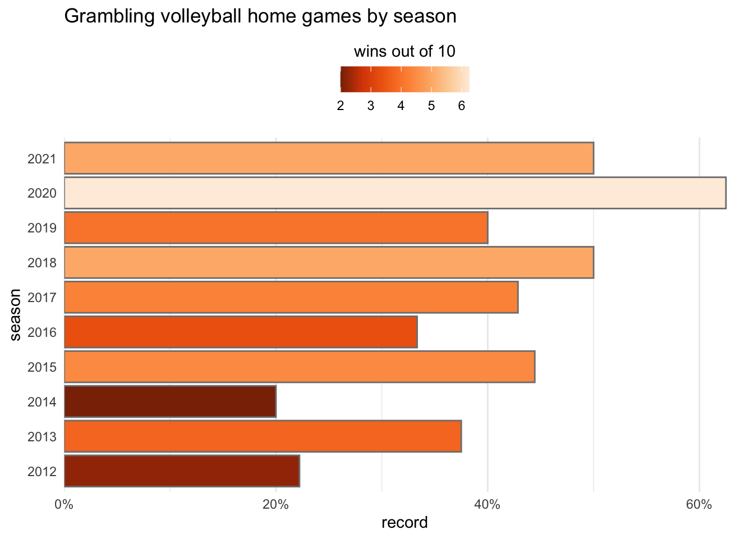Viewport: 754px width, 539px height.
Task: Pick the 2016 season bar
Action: (241, 332)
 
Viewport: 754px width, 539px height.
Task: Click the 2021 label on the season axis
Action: (42, 159)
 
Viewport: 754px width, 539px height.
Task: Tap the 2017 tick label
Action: (42, 298)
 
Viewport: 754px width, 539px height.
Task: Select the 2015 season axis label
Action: (42, 367)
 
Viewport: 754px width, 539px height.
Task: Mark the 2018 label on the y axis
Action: (42, 263)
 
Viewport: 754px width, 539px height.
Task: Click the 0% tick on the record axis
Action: (64, 505)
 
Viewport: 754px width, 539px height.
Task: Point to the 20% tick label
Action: (275, 505)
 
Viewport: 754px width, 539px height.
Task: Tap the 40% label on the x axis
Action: (487, 505)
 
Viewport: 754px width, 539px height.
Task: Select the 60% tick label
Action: (699, 505)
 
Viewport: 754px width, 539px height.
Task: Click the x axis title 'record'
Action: (404, 523)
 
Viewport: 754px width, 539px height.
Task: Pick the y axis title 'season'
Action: (15, 314)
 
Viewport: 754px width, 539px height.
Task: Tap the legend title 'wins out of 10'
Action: (404, 52)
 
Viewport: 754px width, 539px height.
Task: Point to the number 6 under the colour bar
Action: (461, 106)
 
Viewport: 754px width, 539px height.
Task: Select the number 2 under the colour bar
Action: (341, 106)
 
